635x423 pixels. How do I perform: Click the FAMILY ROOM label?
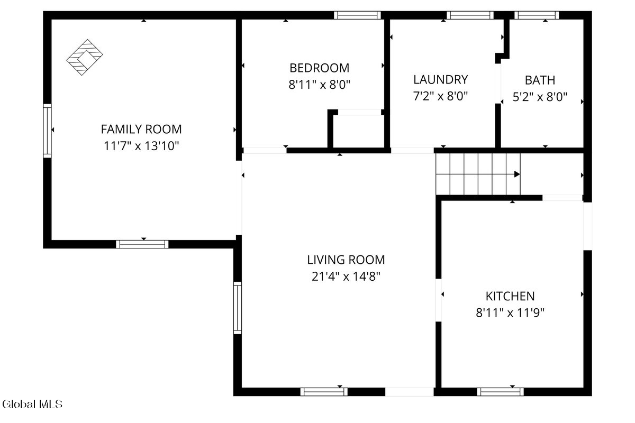click(141, 129)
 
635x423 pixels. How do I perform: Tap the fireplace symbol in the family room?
click(85, 57)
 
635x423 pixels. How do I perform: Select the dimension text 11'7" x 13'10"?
click(141, 146)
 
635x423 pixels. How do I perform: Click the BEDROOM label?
click(319, 68)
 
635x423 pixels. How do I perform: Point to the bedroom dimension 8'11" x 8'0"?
click(319, 85)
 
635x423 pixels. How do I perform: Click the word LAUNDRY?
click(440, 80)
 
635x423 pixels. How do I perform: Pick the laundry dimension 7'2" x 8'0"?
click(440, 96)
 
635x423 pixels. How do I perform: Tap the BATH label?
click(540, 80)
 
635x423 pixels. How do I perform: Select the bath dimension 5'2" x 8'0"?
click(540, 97)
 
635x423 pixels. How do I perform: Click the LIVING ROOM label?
click(346, 260)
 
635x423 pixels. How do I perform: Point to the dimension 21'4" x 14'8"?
click(346, 276)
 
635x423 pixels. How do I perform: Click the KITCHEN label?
click(510, 296)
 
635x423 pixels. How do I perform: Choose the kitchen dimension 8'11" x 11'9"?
click(510, 313)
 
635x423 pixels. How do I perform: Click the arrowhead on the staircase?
click(517, 174)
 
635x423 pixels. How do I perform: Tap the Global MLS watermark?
click(32, 404)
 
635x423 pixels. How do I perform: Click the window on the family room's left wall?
click(47, 131)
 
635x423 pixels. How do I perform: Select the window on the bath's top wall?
click(537, 15)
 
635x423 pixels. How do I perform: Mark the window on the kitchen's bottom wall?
click(501, 392)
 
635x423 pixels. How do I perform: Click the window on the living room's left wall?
click(238, 308)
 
